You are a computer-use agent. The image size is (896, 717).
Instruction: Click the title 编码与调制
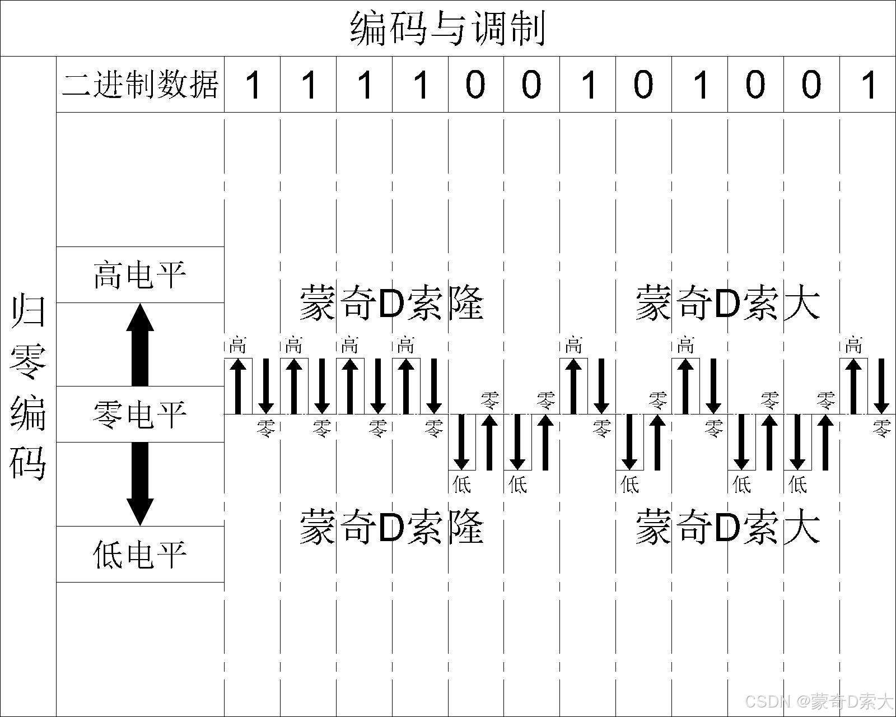(x=447, y=28)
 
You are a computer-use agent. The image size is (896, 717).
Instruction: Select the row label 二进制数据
(x=140, y=85)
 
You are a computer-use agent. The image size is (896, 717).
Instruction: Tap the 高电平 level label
(x=140, y=275)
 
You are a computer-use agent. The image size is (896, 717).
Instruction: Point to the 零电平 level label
(x=140, y=415)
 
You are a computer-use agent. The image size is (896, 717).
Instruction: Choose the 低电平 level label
(x=140, y=555)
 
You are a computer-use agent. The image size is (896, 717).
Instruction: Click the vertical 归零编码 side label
(x=28, y=387)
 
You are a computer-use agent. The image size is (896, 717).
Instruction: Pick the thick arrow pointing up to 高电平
(x=140, y=344)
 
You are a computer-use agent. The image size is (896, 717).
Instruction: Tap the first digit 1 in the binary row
(x=253, y=85)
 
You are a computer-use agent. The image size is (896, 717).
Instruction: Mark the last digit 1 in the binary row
(x=869, y=85)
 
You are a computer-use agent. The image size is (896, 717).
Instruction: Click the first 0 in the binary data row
(x=475, y=85)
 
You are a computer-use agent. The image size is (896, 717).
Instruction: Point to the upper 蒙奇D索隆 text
(x=391, y=303)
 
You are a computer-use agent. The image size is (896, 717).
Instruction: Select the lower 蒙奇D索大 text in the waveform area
(x=727, y=527)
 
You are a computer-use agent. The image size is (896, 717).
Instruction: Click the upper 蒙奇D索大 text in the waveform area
(x=727, y=303)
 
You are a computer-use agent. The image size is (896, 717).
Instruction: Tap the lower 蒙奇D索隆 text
(x=391, y=527)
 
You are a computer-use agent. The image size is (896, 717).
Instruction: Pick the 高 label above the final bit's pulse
(x=853, y=344)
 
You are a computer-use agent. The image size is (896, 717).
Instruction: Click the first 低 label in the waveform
(x=461, y=484)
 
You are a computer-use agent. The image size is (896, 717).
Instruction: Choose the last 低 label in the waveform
(x=797, y=484)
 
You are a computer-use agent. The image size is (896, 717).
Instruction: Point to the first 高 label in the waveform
(x=237, y=344)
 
